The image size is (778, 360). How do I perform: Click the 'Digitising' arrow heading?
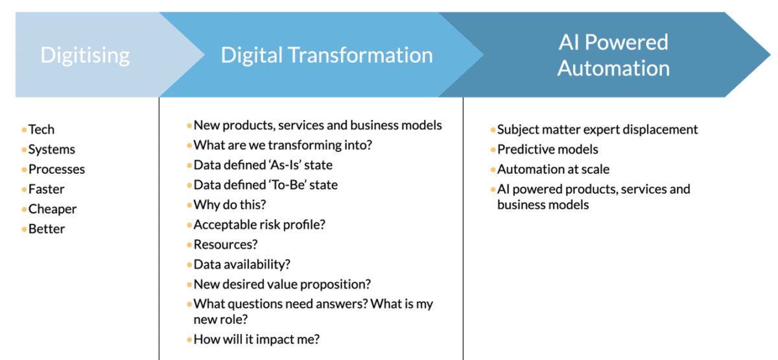pos(85,54)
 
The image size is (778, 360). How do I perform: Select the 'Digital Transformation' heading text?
pos(327,54)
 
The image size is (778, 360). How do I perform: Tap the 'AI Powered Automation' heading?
pos(613,54)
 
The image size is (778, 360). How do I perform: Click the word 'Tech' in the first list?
pos(41,130)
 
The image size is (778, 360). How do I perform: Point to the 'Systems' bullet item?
pos(51,150)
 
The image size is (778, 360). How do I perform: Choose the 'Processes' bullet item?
pos(56,169)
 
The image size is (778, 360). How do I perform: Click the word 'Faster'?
pos(46,189)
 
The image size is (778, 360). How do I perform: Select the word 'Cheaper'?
pos(53,209)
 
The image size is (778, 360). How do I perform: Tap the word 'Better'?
pos(47,229)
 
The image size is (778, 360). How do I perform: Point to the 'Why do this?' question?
pos(230,205)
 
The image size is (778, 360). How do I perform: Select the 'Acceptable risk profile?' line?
pos(259,225)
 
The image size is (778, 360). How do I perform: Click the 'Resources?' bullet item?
pos(226,245)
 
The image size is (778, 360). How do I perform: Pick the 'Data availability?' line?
pos(242,265)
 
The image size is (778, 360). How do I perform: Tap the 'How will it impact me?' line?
pos(257,339)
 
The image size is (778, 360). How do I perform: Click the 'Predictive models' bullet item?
pos(548,150)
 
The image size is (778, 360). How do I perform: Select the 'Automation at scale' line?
pos(553,169)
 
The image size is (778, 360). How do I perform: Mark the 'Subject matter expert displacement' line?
pos(597,130)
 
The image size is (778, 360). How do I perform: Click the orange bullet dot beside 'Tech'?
pos(24,130)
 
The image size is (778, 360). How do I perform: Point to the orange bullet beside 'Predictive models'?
pos(493,150)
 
